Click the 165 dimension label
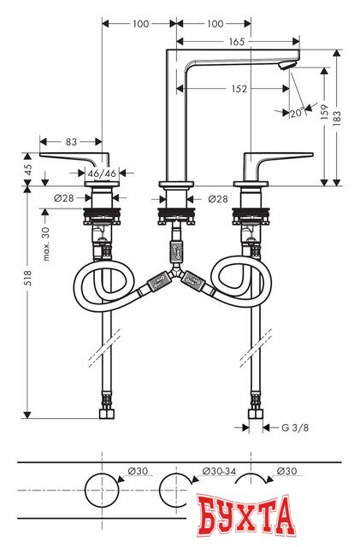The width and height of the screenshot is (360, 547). (237, 40)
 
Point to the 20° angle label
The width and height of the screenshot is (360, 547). (295, 113)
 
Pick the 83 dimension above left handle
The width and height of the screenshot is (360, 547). (71, 142)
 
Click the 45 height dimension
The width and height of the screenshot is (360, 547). (27, 168)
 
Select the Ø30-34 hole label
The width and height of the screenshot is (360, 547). (218, 471)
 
